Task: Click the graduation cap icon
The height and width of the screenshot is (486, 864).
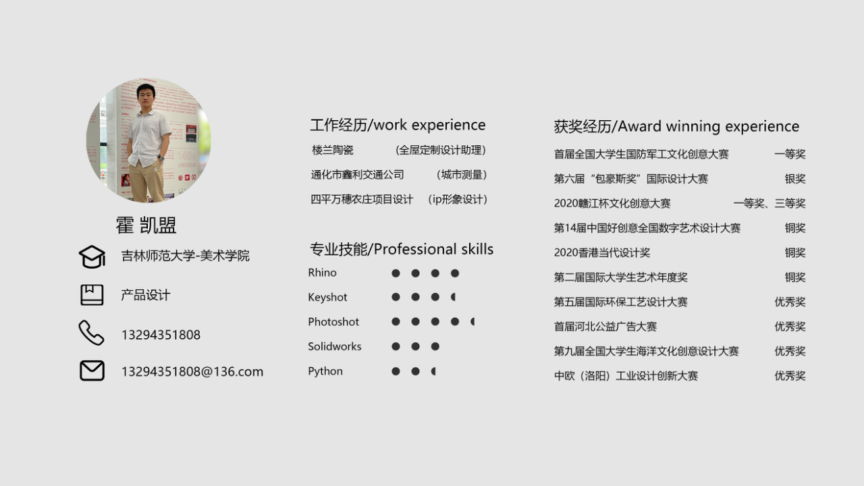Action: (x=92, y=256)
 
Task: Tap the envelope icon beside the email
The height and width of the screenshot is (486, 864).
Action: (x=92, y=371)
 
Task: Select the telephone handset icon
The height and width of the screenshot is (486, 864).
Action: (x=91, y=333)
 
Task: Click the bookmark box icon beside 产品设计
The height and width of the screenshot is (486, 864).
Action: (x=92, y=295)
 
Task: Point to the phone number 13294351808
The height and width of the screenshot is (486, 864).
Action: (x=161, y=335)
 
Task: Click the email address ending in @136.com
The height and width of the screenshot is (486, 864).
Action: (x=192, y=371)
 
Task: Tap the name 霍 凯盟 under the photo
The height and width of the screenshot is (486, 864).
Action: (x=146, y=225)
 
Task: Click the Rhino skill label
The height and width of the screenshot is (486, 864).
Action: (x=322, y=273)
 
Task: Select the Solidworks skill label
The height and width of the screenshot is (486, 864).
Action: (x=334, y=346)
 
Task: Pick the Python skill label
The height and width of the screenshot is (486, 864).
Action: (x=325, y=371)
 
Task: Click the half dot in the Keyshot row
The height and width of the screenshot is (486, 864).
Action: (x=454, y=297)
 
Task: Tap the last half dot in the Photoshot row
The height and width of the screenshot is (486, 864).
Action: (x=473, y=322)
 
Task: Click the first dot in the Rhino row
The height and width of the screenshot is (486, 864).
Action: (x=396, y=273)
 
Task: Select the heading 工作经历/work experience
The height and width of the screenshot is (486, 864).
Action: (x=398, y=125)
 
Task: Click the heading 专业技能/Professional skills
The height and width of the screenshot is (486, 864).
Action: (x=402, y=249)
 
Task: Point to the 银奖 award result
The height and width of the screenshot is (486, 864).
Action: (x=795, y=179)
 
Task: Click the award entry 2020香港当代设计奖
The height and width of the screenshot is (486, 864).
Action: (x=602, y=252)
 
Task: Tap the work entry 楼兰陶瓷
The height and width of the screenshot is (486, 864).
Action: (x=333, y=150)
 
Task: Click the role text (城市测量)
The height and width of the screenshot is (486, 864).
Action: (x=462, y=175)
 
